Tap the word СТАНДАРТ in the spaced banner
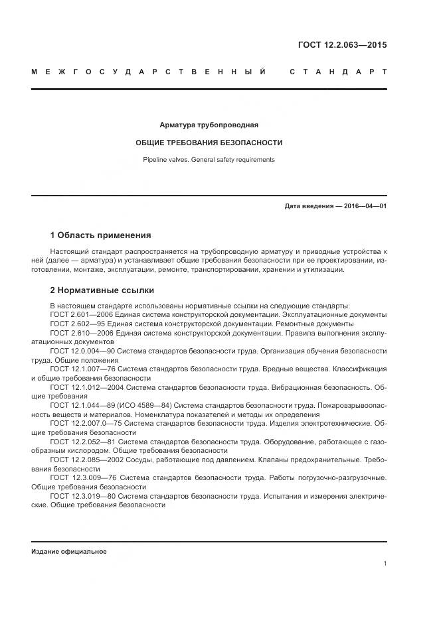pos(338,72)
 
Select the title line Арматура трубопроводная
pos(209,125)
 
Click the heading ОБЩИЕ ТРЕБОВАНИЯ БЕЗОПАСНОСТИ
pos(209,143)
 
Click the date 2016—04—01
pos(364,206)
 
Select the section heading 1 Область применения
pos(101,235)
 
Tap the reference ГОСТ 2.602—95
pos(72,324)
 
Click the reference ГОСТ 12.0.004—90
pos(79,351)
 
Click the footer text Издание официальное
pos(68,552)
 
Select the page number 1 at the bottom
pos(385,564)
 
